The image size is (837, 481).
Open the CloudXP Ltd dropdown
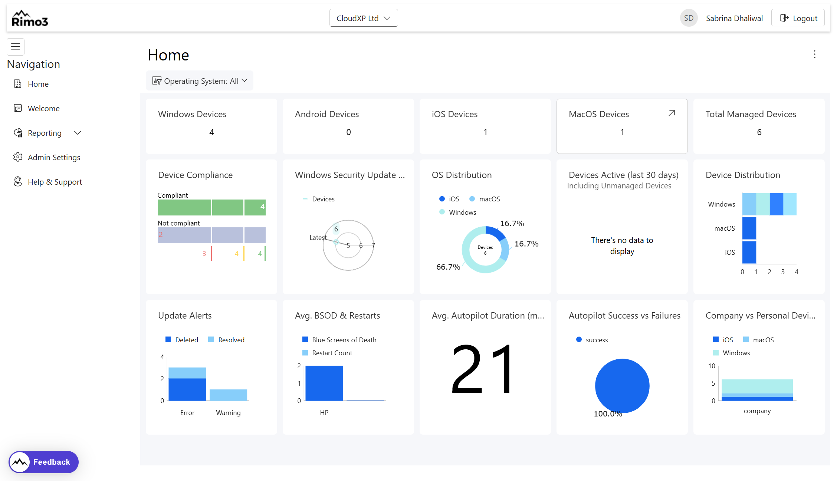pos(363,18)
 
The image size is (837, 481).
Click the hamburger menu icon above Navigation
pos(16,47)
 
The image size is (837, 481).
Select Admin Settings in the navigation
pos(54,157)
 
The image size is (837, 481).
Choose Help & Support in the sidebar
pos(55,182)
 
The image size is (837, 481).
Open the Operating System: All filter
pos(200,81)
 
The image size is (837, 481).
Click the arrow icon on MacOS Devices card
pos(672,113)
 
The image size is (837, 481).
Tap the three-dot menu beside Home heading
pos(814,55)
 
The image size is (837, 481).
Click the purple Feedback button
pos(44,462)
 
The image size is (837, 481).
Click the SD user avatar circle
pos(689,18)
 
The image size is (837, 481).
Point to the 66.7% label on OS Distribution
pos(448,267)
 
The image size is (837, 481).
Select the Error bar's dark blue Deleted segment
pos(187,389)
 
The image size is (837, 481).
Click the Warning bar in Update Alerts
pos(228,395)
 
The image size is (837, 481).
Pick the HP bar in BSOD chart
pos(324,383)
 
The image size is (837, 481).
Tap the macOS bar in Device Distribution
pos(749,228)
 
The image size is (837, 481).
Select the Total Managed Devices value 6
pos(759,132)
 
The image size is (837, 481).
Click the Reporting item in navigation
pos(45,133)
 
